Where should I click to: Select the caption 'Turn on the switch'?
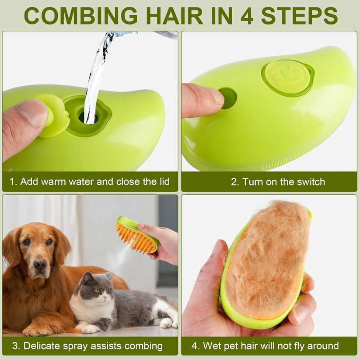[x=278, y=182]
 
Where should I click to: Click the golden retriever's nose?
[x=40, y=264]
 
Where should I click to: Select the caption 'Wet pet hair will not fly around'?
[x=265, y=346]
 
